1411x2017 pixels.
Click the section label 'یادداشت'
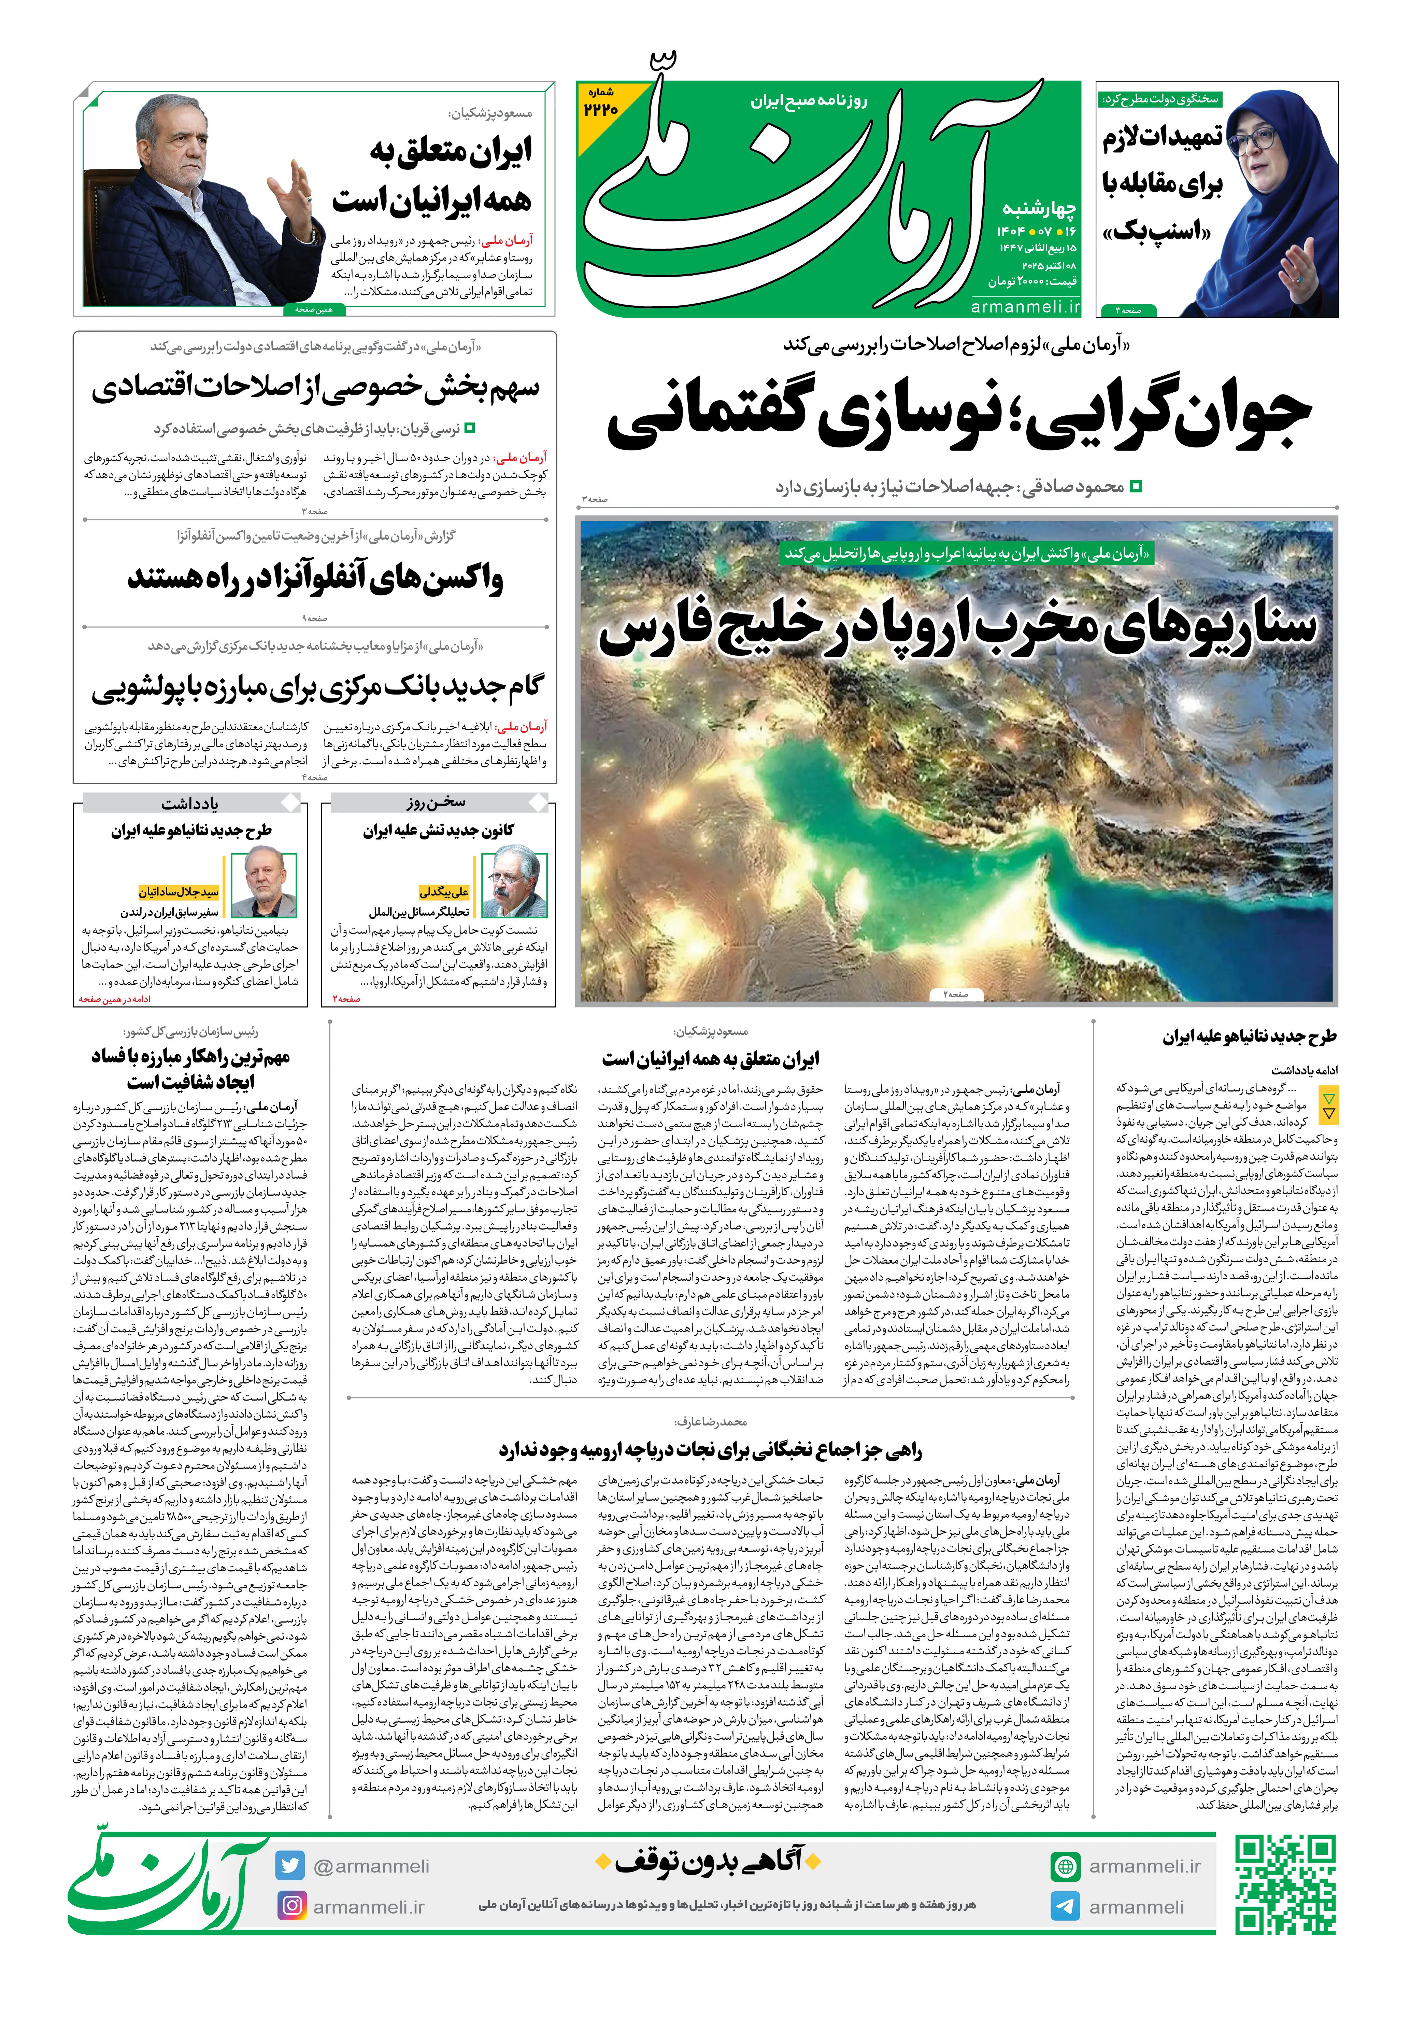190,803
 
